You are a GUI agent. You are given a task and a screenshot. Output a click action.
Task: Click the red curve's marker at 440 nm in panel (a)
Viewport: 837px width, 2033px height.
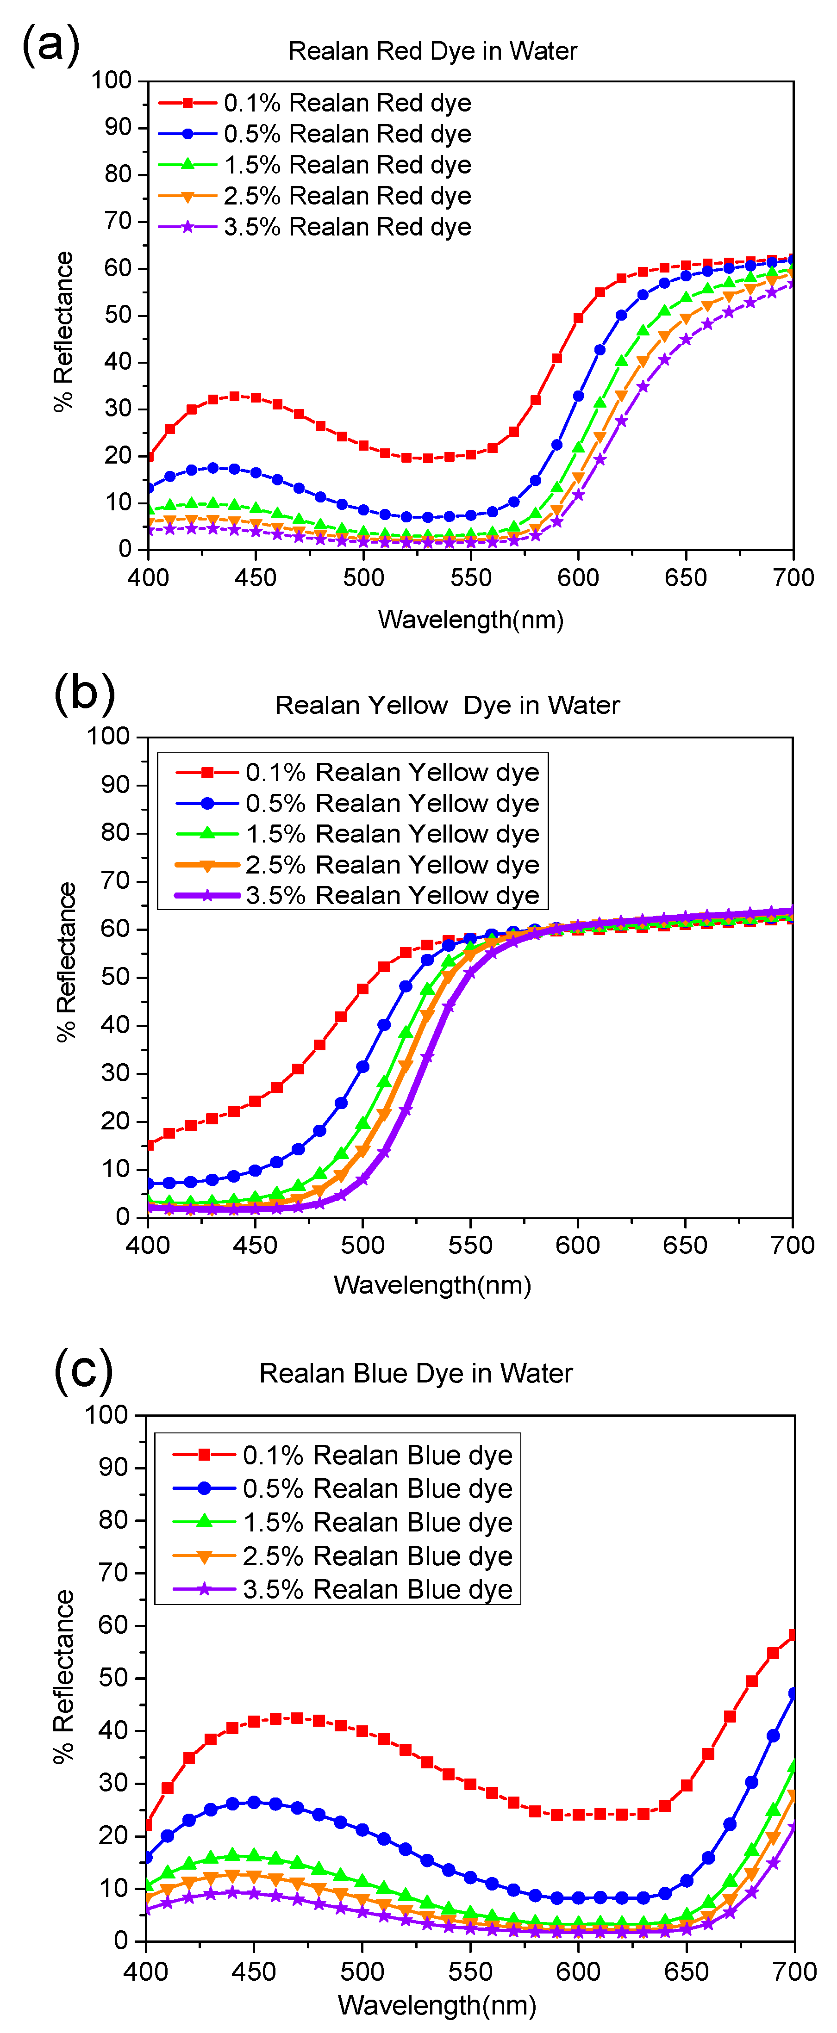coord(235,396)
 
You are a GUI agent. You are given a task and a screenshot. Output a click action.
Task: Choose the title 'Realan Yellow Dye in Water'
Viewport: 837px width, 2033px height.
coord(447,705)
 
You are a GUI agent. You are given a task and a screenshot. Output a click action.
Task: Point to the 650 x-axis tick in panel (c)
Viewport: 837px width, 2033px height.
coord(686,1971)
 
